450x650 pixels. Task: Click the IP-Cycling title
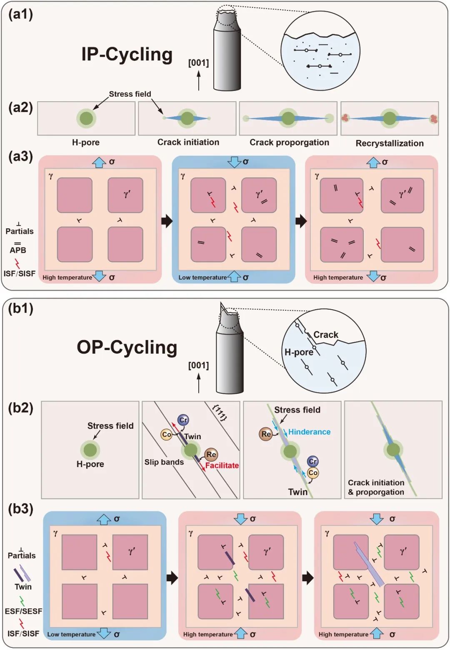click(x=127, y=55)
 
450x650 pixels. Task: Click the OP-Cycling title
click(x=127, y=347)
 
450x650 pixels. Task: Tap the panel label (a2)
click(x=20, y=107)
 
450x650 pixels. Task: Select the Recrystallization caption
click(x=390, y=143)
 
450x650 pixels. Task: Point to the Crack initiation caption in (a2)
click(x=188, y=142)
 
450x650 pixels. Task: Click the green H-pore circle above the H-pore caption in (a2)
click(x=86, y=118)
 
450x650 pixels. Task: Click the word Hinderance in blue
click(x=309, y=432)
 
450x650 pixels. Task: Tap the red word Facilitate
click(x=222, y=465)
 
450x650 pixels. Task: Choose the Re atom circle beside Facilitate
click(x=211, y=455)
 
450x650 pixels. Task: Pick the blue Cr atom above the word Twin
click(x=183, y=420)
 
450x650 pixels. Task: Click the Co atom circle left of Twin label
click(x=166, y=435)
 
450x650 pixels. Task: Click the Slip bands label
click(x=164, y=462)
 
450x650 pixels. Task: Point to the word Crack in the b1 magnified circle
click(x=326, y=335)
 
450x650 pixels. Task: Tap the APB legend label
click(x=18, y=250)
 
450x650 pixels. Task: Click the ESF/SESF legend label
click(x=23, y=611)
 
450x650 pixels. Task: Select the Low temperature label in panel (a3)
click(x=202, y=277)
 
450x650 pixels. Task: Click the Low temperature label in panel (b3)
click(x=71, y=635)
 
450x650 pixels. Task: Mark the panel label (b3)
click(x=20, y=509)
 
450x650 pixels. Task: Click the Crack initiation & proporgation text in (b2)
click(x=376, y=487)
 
